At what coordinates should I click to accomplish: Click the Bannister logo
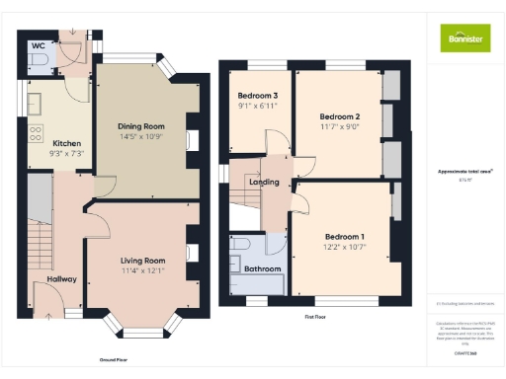pos(464,38)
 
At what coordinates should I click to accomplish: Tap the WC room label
pos(38,46)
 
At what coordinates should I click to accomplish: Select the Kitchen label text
pos(66,142)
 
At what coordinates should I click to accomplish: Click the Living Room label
pos(142,261)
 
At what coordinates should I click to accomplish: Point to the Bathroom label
pos(263,268)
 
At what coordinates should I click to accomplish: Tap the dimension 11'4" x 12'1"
pos(142,270)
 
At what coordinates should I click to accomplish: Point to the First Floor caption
pos(316,317)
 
